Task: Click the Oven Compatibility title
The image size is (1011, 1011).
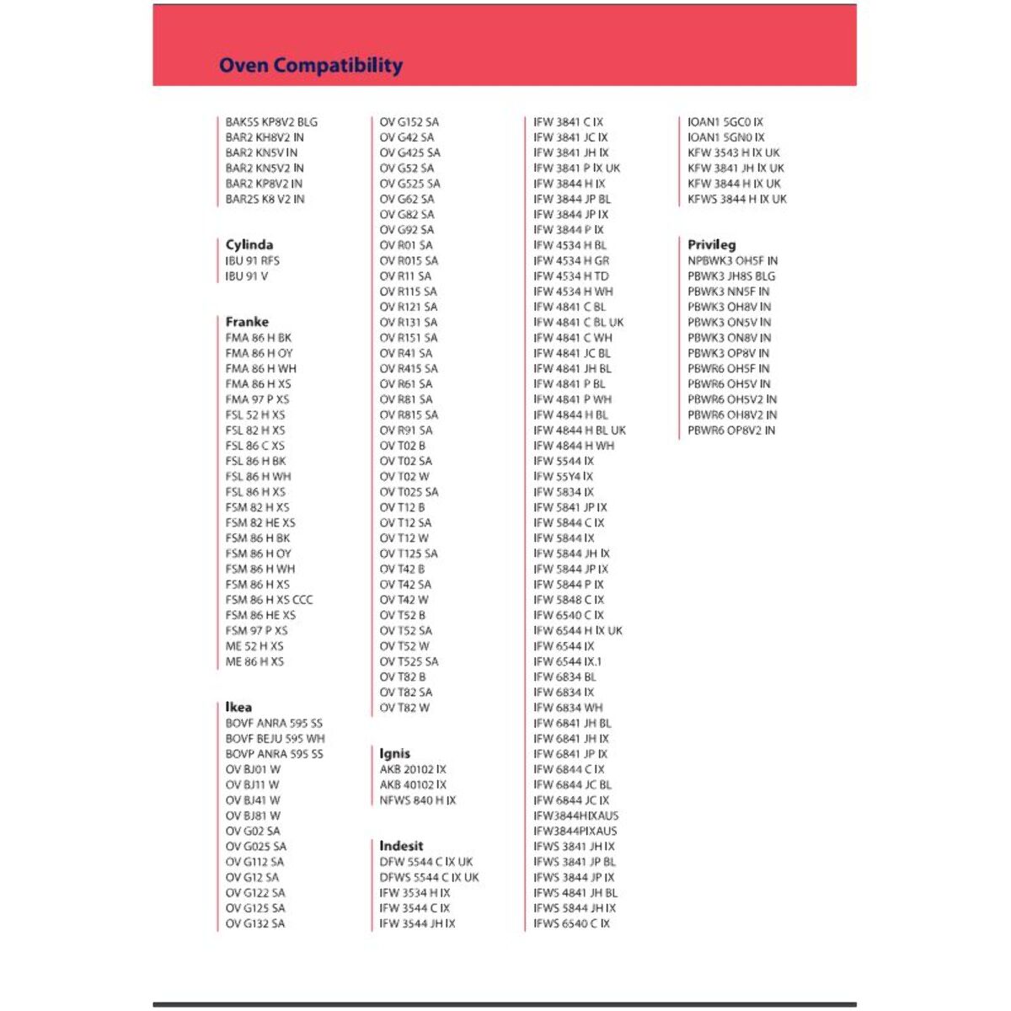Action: coord(310,65)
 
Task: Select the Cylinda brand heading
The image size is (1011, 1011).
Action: coord(249,244)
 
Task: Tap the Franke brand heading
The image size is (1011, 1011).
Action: coord(247,322)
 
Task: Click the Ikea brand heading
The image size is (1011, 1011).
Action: coord(238,707)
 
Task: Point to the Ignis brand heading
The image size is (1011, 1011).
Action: coord(394,753)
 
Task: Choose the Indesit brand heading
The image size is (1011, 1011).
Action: coord(401,846)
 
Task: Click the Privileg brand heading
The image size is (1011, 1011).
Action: coord(711,244)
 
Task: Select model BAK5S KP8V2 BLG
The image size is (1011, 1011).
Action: coord(271,122)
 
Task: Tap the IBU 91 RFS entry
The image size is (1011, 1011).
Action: coord(252,260)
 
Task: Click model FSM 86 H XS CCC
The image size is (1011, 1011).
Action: coord(269,600)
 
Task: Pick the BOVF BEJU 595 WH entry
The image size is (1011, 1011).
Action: coord(275,738)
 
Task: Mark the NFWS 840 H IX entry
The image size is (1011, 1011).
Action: coord(417,800)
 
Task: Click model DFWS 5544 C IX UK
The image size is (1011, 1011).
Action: coord(429,877)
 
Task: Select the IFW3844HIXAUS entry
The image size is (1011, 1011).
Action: coord(575,816)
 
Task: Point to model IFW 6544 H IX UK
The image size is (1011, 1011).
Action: coord(577,630)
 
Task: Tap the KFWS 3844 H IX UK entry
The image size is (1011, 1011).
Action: coord(736,199)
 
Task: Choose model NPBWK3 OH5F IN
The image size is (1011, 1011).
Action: coord(732,260)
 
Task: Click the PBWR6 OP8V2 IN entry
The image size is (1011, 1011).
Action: coord(731,430)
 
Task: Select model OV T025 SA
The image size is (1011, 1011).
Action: coord(409,492)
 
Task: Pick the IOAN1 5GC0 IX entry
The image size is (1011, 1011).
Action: coord(725,122)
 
